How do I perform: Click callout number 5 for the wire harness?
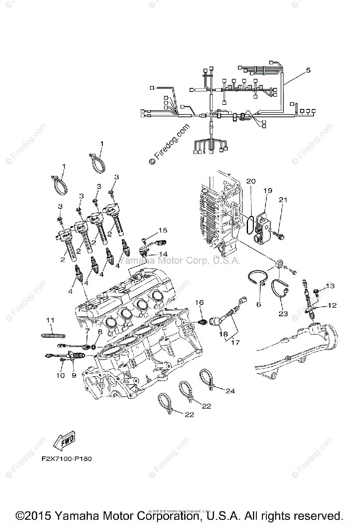[x=308, y=70]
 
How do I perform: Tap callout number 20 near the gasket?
[x=250, y=181]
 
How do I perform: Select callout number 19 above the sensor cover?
[x=268, y=191]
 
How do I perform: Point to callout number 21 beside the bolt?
[x=283, y=199]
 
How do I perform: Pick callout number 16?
[x=199, y=302]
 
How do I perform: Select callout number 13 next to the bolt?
[x=329, y=286]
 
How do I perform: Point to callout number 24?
[x=230, y=391]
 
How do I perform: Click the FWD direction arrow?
[x=63, y=441]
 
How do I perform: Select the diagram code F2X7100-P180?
[x=67, y=459]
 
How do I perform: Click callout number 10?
[x=60, y=375]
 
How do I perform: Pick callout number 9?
[x=73, y=375]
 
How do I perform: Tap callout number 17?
[x=235, y=343]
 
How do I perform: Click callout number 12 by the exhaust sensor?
[x=332, y=305]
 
